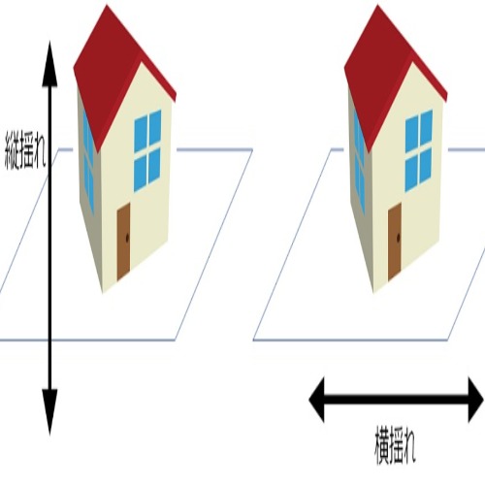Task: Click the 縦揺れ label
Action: [x=25, y=150]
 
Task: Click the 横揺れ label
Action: [x=395, y=445]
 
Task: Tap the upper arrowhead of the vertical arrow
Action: [x=49, y=64]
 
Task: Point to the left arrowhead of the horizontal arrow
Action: [x=317, y=400]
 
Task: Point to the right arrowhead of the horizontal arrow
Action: [x=476, y=400]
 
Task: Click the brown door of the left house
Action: [x=123, y=242]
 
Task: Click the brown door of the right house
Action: [x=395, y=242]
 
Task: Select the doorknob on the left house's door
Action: [x=127, y=238]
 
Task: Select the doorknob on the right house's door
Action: [x=398, y=238]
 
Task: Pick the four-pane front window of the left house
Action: [x=147, y=150]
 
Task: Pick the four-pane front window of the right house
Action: [x=418, y=150]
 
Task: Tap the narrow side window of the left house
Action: [x=88, y=163]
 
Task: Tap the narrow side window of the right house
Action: [x=359, y=163]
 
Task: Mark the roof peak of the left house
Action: [x=107, y=5]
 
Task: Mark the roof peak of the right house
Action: [x=377, y=5]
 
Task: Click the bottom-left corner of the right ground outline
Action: [x=253, y=339]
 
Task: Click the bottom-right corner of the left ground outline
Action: [x=176, y=339]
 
